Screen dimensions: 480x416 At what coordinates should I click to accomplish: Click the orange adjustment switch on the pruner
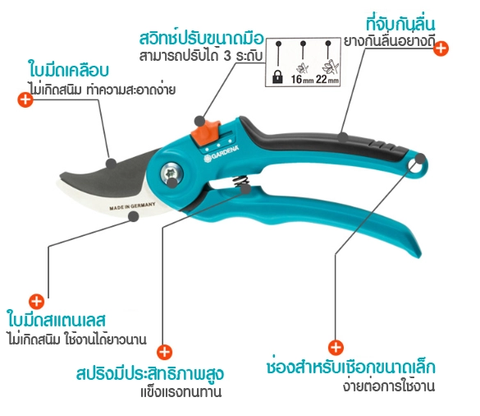point(206,132)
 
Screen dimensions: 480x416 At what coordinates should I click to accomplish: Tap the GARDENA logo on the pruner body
point(222,153)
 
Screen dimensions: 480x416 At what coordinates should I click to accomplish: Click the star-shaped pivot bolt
point(171,175)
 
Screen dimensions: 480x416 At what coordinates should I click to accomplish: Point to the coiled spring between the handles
point(240,182)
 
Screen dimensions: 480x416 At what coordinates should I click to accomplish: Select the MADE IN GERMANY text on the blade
point(132,206)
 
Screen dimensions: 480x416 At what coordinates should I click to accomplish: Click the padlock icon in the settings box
point(277,76)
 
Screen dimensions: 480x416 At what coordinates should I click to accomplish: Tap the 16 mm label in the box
point(302,80)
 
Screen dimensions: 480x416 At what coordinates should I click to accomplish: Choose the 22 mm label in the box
point(327,80)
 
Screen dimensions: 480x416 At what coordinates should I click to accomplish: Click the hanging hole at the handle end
point(417,166)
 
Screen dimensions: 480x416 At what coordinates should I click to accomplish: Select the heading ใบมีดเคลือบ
point(69,70)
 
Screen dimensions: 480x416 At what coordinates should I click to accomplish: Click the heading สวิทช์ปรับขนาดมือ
point(201,38)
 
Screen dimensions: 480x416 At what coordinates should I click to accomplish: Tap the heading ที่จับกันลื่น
point(400,24)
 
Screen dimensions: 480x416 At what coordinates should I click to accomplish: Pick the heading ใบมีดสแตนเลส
point(57,319)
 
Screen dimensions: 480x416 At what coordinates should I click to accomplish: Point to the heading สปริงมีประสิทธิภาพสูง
point(150,373)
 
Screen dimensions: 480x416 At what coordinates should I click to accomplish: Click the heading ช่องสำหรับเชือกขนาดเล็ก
point(351,367)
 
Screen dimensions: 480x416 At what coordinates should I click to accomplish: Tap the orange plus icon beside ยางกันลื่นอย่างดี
point(441,49)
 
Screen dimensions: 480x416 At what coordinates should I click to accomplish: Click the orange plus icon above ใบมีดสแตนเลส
point(36,301)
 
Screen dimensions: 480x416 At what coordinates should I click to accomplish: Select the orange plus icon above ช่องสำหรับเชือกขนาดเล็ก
point(336,348)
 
